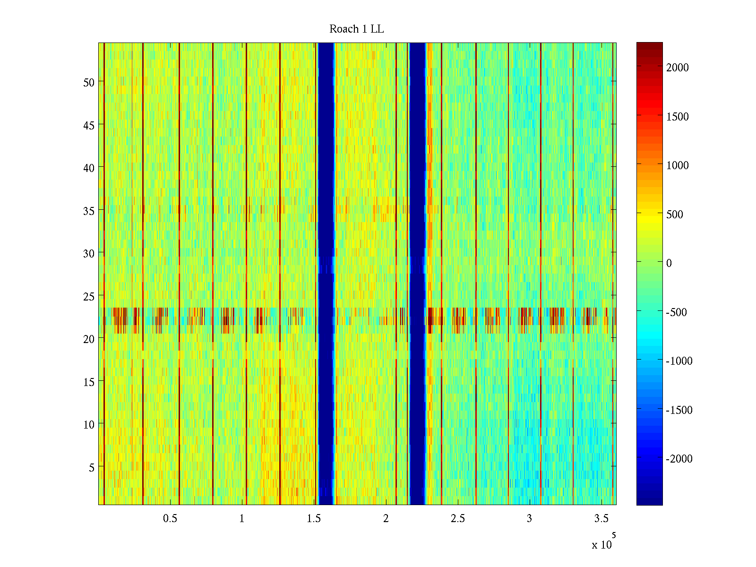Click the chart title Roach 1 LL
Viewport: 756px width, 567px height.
coord(356,29)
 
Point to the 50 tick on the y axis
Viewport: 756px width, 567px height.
coord(89,82)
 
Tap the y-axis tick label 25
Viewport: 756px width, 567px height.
coord(89,296)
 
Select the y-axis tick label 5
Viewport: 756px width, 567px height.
coord(92,468)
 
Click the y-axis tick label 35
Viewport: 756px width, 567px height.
coord(89,211)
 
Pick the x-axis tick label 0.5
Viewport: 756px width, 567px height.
coord(170,519)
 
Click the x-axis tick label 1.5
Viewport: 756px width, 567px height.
coord(314,519)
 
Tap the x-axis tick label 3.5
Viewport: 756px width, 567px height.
coord(601,519)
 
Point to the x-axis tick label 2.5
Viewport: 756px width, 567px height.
coord(457,519)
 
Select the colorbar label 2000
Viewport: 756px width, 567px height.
coord(678,68)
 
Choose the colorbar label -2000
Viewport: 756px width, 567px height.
coord(679,459)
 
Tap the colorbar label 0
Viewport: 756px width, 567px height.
coord(669,263)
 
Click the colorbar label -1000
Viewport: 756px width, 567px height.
coord(679,361)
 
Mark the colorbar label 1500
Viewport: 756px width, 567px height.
coord(678,117)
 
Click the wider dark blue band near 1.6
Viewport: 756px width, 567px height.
coord(326,274)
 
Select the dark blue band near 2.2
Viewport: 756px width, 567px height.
coord(417,274)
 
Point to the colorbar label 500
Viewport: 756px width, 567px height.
coord(675,215)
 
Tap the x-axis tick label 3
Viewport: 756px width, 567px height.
coord(529,519)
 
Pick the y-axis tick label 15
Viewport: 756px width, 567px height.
coord(89,382)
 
